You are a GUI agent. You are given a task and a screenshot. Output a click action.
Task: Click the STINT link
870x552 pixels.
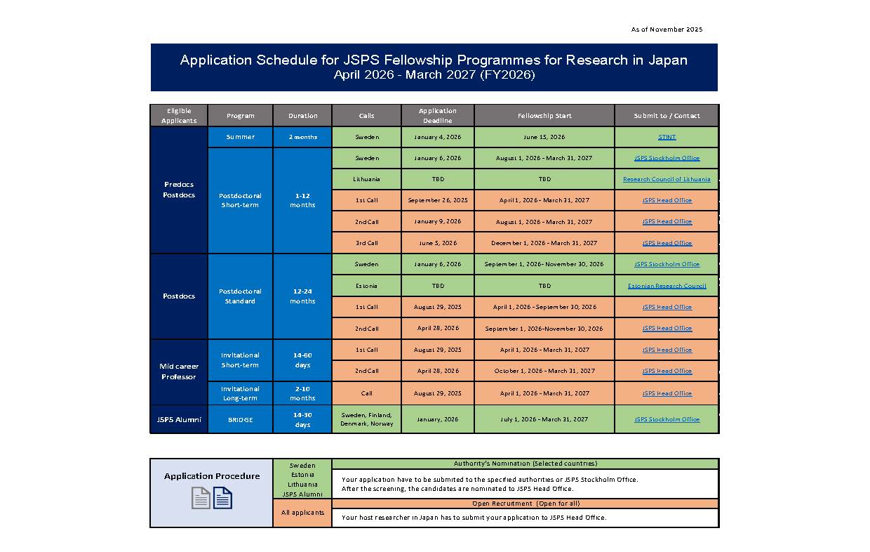click(x=667, y=137)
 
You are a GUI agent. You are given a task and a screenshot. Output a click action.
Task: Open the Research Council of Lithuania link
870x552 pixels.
click(x=667, y=179)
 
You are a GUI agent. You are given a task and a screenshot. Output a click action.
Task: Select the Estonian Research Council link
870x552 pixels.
click(x=667, y=286)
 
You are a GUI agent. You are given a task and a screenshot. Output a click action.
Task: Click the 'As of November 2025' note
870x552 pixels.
click(x=667, y=29)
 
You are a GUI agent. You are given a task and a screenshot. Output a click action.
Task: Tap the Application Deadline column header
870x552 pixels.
click(x=438, y=116)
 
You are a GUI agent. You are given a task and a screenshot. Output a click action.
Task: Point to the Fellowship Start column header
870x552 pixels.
click(x=544, y=116)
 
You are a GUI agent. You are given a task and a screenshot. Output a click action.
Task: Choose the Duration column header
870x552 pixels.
click(x=302, y=116)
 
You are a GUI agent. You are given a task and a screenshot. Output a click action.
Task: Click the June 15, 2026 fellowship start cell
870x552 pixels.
click(x=544, y=137)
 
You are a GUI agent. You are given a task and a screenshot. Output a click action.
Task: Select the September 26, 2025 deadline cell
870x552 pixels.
click(x=438, y=200)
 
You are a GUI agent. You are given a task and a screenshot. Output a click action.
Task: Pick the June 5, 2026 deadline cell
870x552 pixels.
click(x=438, y=243)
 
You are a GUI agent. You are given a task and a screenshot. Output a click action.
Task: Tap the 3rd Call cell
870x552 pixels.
click(x=366, y=243)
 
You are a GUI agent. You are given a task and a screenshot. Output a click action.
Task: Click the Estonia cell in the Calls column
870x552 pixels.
click(x=366, y=286)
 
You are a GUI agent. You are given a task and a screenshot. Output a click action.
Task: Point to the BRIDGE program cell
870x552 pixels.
click(x=240, y=419)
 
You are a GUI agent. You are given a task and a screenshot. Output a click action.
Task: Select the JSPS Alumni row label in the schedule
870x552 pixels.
click(x=179, y=419)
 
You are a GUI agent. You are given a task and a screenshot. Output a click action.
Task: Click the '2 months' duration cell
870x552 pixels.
click(x=302, y=137)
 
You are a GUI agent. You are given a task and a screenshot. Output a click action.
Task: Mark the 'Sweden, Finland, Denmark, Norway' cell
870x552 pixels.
click(x=366, y=419)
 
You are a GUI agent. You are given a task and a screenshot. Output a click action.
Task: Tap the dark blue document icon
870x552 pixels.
click(x=223, y=498)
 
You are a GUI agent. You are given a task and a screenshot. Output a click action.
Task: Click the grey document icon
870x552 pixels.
click(x=201, y=498)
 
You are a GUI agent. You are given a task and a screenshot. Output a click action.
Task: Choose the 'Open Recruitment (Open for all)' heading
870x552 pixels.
click(x=525, y=504)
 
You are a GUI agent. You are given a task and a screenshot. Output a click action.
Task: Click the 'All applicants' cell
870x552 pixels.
click(x=302, y=513)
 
